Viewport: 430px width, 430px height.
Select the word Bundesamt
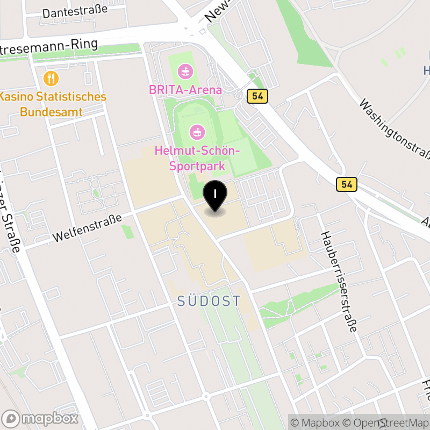pos(51,112)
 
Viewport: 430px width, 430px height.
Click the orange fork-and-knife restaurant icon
pos(51,78)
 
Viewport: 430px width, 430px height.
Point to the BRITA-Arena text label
pos(185,90)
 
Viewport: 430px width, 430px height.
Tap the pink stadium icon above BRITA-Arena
pos(185,70)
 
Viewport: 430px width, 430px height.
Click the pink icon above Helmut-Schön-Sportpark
pos(197,131)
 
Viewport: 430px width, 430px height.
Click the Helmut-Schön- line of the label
pos(197,151)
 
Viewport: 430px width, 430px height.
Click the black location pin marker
pos(215,197)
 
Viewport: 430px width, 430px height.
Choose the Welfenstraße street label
pos(88,228)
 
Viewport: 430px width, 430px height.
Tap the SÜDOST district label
pos(209,301)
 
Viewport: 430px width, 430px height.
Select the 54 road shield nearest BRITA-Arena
pos(257,96)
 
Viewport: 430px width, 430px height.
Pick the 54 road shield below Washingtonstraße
pos(347,184)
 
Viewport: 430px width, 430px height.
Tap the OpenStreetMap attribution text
pos(392,422)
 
